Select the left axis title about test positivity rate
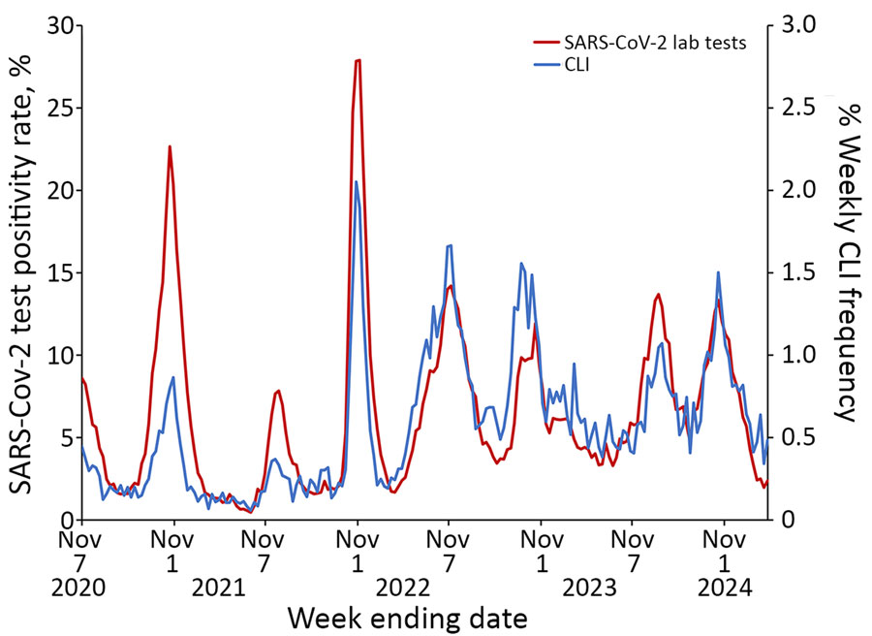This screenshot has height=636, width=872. (x=23, y=271)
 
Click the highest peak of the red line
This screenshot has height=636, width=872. (x=358, y=60)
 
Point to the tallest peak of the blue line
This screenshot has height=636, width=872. (x=356, y=182)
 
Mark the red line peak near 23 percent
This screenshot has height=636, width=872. (x=170, y=146)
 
